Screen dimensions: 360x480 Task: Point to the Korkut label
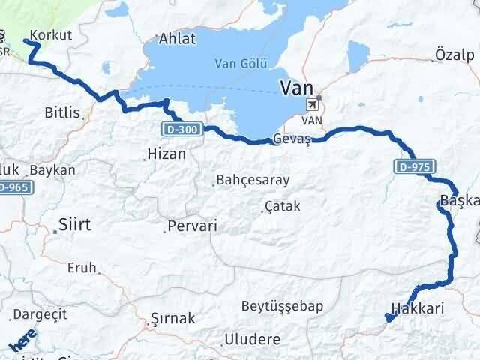click(52, 35)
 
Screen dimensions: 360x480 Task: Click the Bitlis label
click(62, 112)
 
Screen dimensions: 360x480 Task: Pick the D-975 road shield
click(412, 165)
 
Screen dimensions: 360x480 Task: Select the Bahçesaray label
click(252, 181)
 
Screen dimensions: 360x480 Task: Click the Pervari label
click(193, 225)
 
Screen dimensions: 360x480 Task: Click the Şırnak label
click(172, 318)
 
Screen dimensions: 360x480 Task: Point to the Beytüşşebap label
click(282, 305)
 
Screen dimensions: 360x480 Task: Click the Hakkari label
click(418, 308)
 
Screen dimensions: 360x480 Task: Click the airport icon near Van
click(311, 106)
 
